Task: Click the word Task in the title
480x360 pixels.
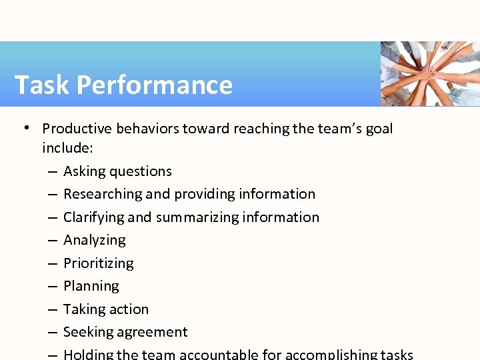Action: (x=41, y=85)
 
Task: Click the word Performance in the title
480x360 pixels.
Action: (x=154, y=85)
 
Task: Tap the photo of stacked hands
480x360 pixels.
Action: (x=430, y=73)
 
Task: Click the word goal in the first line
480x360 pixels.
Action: (x=379, y=129)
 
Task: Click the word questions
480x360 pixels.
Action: (x=141, y=171)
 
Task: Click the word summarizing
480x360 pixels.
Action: (x=197, y=217)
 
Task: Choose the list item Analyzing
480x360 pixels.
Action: (x=94, y=241)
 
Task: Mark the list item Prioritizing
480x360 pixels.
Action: (x=98, y=263)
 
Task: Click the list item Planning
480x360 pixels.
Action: (x=91, y=287)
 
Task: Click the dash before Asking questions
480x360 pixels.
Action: (x=51, y=171)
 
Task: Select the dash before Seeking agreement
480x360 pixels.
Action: (x=51, y=333)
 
